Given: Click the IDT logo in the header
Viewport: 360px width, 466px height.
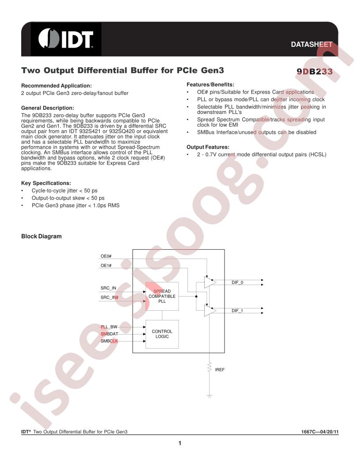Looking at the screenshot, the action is click(x=66, y=39).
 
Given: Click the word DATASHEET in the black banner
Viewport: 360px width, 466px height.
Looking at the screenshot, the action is click(x=311, y=44).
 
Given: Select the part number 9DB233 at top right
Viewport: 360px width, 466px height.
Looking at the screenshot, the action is click(x=315, y=71).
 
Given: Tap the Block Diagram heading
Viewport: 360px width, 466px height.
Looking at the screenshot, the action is click(x=41, y=236).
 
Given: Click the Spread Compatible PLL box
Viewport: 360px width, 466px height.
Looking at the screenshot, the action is click(x=162, y=296).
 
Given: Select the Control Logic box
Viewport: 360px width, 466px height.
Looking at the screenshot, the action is click(x=162, y=334).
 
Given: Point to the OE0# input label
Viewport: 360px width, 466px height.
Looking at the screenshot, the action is click(x=106, y=256).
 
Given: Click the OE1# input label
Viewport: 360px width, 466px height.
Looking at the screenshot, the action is click(x=106, y=265).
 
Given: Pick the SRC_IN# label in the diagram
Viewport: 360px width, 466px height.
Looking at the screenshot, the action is click(x=109, y=297).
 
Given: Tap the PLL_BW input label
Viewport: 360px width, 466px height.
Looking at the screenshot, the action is click(x=109, y=327).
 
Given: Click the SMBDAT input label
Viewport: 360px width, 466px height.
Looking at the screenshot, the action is click(x=109, y=334).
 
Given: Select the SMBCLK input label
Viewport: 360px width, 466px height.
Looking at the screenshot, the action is click(x=109, y=341).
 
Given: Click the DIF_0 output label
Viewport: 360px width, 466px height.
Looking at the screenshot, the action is click(x=237, y=282).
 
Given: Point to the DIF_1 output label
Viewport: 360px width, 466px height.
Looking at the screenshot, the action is click(x=237, y=311).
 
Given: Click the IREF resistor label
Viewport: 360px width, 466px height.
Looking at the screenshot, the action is click(x=220, y=369).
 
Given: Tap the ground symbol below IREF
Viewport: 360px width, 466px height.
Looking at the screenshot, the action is click(x=210, y=396).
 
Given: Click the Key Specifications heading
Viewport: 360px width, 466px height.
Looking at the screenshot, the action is click(x=46, y=183).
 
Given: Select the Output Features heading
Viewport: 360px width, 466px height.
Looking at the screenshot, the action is click(x=208, y=147).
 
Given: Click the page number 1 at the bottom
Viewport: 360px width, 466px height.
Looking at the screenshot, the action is click(x=180, y=443).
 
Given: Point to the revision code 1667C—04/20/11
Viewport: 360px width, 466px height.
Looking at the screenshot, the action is click(x=320, y=432).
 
